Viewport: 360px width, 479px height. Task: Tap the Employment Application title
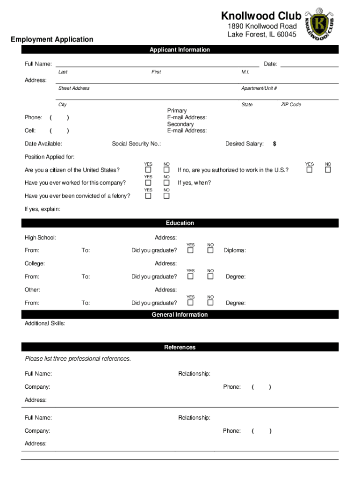tap(52, 39)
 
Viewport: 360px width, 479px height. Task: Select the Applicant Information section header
tap(180, 50)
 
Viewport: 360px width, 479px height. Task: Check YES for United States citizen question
tap(148, 170)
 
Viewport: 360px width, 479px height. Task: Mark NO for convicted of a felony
tap(166, 196)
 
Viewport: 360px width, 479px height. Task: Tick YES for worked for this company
tap(148, 183)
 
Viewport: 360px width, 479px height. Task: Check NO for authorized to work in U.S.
tap(328, 170)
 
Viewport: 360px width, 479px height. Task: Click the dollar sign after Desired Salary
tap(274, 144)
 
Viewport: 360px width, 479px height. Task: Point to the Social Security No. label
tap(136, 144)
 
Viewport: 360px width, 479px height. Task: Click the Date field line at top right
tap(309, 64)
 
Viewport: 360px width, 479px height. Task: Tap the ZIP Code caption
tap(291, 104)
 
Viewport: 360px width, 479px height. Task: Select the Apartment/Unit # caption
tap(259, 88)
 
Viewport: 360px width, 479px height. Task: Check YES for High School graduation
tap(190, 251)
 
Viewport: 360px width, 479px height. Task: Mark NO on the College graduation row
tap(210, 277)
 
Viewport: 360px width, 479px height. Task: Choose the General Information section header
tap(180, 314)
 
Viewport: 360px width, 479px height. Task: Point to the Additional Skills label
tap(45, 323)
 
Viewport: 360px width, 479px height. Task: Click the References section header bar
tap(180, 347)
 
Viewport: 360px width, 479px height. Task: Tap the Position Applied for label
tap(50, 157)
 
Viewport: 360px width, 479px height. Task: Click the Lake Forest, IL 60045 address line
tap(262, 35)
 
